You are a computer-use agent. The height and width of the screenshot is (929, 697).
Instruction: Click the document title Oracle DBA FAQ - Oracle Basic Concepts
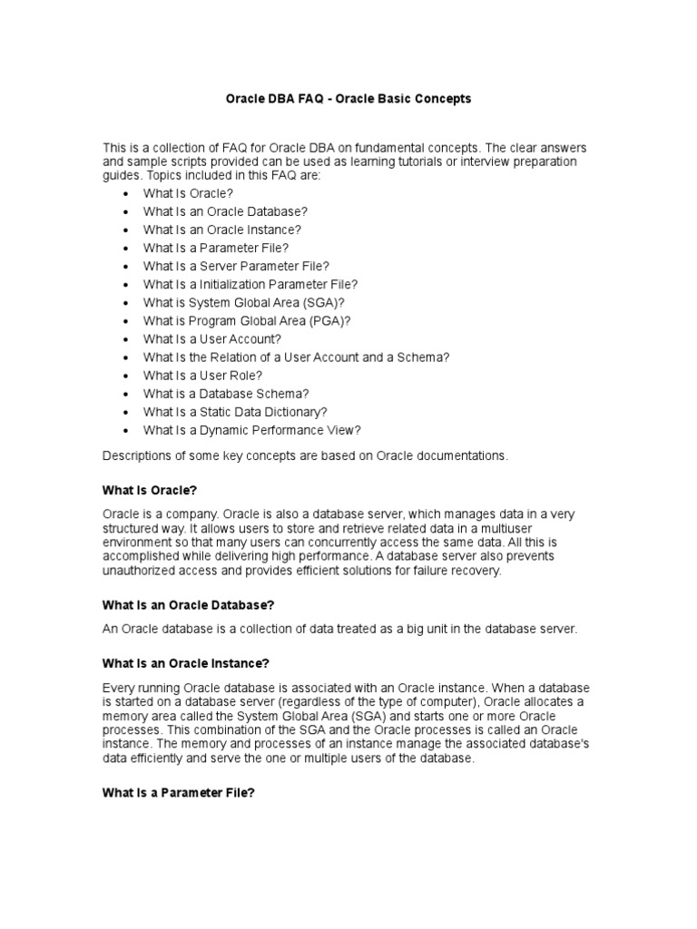[x=348, y=99]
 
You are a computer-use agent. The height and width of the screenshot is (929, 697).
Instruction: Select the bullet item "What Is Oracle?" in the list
[x=188, y=193]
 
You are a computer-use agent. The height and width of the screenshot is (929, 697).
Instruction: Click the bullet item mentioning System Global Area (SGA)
[x=244, y=302]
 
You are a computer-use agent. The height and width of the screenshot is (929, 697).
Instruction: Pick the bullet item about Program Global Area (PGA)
[x=246, y=320]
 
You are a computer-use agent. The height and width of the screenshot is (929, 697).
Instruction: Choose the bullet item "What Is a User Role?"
[x=202, y=375]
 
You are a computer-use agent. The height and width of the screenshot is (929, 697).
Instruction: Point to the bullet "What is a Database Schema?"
[x=226, y=394]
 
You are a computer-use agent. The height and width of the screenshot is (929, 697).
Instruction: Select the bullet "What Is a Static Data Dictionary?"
[x=235, y=412]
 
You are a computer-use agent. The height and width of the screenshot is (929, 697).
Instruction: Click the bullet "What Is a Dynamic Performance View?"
[x=251, y=430]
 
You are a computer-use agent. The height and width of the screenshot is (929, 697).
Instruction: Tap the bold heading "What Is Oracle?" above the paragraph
[x=150, y=490]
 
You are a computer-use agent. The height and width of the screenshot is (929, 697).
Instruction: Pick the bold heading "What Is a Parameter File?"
[x=179, y=792]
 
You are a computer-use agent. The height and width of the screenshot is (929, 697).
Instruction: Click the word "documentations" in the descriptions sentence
[x=463, y=456]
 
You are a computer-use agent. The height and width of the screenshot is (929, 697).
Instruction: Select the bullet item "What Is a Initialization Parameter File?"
[x=250, y=284]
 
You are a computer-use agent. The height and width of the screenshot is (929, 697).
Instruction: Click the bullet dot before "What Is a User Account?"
[x=124, y=339]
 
